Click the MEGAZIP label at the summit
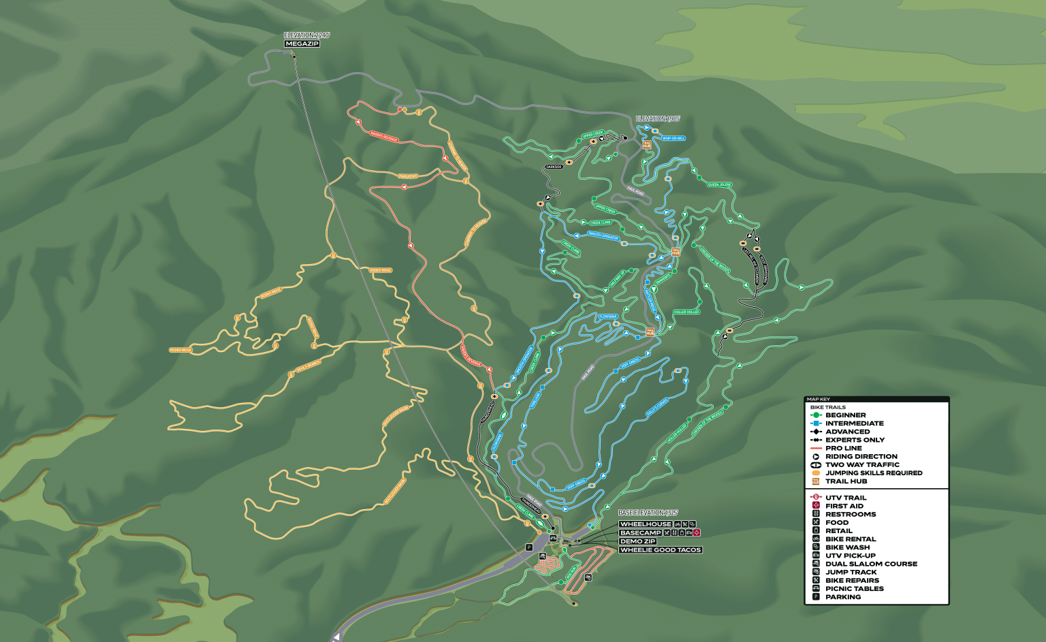pyautogui.click(x=302, y=44)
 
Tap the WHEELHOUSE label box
pyautogui.click(x=646, y=524)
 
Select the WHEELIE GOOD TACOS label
pyautogui.click(x=660, y=550)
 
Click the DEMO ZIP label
pyautogui.click(x=638, y=541)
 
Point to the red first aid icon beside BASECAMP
pyautogui.click(x=697, y=532)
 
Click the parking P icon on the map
pyautogui.click(x=528, y=547)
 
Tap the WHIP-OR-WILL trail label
pyautogui.click(x=673, y=138)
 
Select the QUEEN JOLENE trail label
pyautogui.click(x=719, y=184)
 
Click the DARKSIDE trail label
pyautogui.click(x=554, y=167)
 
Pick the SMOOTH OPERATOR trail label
pyautogui.click(x=603, y=236)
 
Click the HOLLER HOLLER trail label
pyautogui.click(x=686, y=312)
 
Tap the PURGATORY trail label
pyautogui.click(x=408, y=176)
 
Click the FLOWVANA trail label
pyautogui.click(x=607, y=317)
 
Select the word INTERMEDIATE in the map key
pyautogui.click(x=854, y=423)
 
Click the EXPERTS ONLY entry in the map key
pyautogui.click(x=855, y=440)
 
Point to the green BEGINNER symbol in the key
pyautogui.click(x=817, y=415)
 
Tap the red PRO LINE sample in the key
pyautogui.click(x=817, y=448)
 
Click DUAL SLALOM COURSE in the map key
pyautogui.click(x=871, y=564)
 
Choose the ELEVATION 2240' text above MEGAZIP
pyautogui.click(x=306, y=35)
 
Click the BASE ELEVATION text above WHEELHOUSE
pyautogui.click(x=648, y=513)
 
